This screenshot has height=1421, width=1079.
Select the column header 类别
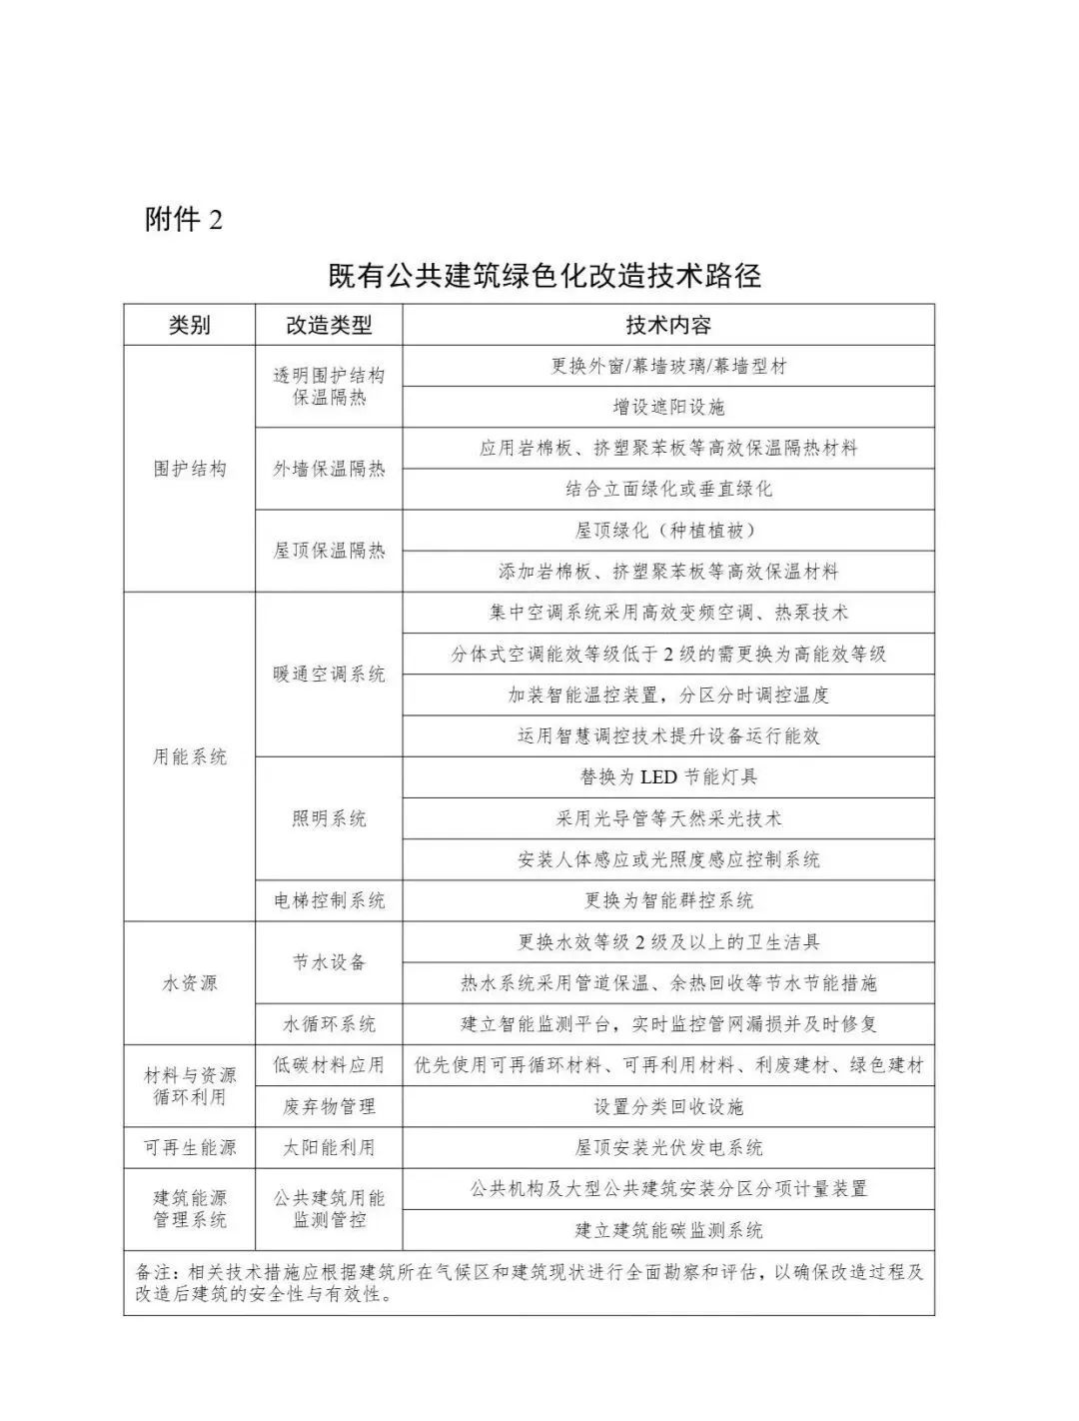pos(190,325)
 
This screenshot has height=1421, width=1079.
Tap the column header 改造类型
pos(329,325)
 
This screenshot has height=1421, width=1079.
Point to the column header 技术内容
pos(668,325)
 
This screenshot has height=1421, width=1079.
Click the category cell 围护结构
pos(190,469)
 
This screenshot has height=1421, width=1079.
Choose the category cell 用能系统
pos(190,756)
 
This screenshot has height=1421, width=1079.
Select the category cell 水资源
pos(190,982)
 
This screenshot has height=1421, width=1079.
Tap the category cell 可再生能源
pos(190,1147)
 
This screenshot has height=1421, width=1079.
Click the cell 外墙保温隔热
pos(329,469)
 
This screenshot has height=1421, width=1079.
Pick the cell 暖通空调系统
pos(329,675)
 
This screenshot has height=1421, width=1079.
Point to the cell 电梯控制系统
pos(329,900)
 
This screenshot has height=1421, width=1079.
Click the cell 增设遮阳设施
pos(668,407)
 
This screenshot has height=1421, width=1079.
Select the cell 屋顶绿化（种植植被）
pos(668,530)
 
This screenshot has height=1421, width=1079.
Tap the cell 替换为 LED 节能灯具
pos(668,776)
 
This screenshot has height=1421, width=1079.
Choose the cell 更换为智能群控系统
pos(668,900)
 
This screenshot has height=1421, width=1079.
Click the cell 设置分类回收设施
pos(668,1106)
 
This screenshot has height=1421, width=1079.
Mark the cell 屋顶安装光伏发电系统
pos(668,1147)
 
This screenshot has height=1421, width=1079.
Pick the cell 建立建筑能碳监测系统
pos(668,1229)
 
